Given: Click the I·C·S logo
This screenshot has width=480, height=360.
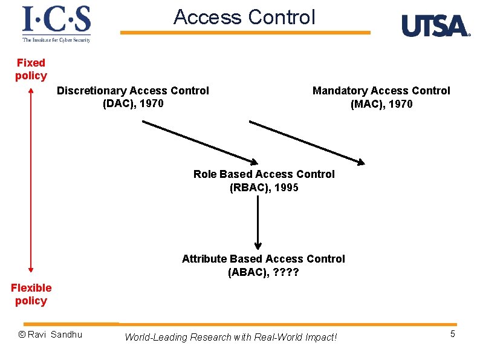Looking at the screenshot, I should click(56, 24).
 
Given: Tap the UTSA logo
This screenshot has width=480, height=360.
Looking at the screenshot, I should click(435, 26).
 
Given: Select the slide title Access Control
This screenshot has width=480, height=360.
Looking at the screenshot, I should click(244, 17).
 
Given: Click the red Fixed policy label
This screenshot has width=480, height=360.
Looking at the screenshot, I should click(31, 69).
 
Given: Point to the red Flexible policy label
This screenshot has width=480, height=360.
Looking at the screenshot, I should click(31, 294).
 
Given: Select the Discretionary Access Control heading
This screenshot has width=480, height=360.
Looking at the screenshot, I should click(132, 91).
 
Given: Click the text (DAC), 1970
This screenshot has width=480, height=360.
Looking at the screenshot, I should click(133, 103).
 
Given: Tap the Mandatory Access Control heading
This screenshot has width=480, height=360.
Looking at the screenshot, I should click(381, 91).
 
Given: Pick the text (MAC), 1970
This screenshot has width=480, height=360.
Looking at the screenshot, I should click(381, 104).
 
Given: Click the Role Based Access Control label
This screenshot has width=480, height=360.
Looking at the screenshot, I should click(264, 174).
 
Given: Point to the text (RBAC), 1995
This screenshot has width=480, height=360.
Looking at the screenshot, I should click(264, 188).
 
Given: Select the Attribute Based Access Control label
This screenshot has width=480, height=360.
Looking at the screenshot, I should click(263, 259).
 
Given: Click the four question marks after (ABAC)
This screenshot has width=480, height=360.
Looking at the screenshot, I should click(286, 272).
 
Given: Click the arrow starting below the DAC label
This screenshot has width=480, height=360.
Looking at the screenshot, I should click(199, 142).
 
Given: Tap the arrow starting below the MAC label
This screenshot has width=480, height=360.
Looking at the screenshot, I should click(307, 142).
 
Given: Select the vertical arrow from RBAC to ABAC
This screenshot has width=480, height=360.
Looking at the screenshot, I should click(258, 221).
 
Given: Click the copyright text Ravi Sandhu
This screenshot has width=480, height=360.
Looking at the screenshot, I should click(50, 335).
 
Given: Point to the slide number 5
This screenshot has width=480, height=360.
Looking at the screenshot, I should click(452, 334).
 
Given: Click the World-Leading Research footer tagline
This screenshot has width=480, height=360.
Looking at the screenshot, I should click(230, 337).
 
